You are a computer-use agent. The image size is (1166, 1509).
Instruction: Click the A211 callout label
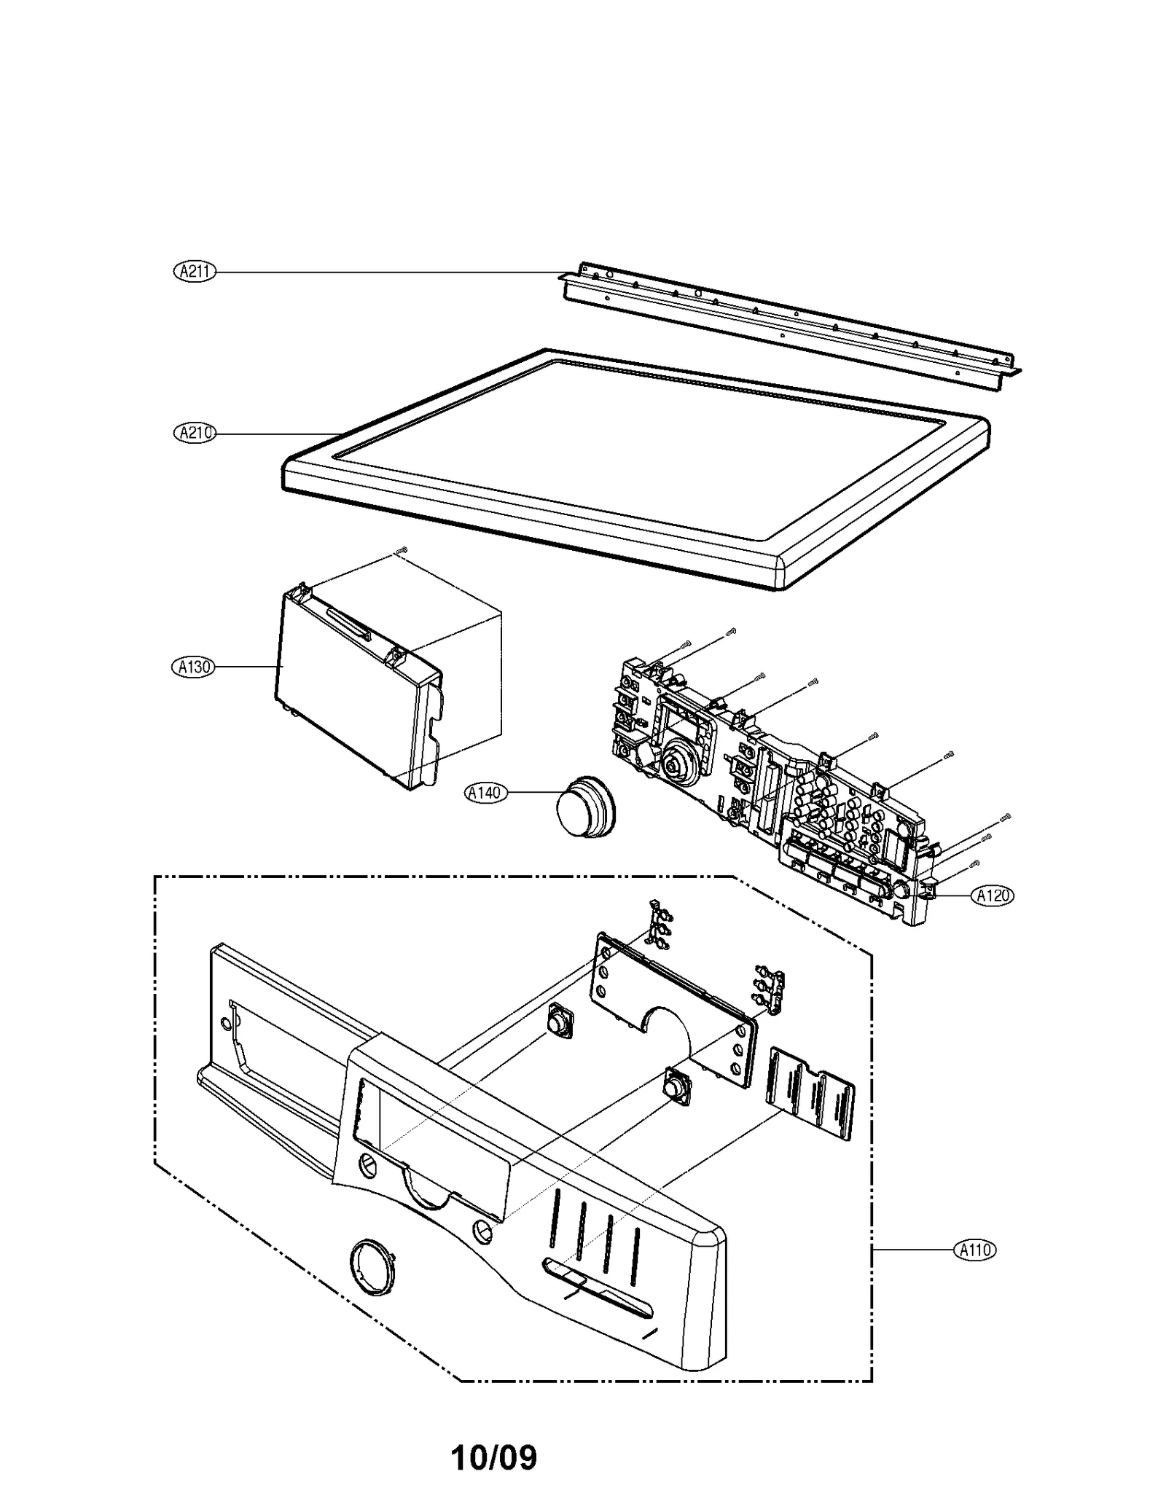click(x=195, y=272)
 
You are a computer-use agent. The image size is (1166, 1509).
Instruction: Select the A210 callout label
click(x=195, y=433)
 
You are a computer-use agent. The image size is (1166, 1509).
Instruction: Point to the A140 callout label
click(x=485, y=792)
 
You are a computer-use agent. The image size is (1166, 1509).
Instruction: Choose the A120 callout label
click(x=992, y=895)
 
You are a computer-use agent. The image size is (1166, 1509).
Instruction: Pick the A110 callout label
click(x=974, y=1250)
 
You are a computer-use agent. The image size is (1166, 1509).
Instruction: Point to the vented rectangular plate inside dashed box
click(x=810, y=1091)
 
